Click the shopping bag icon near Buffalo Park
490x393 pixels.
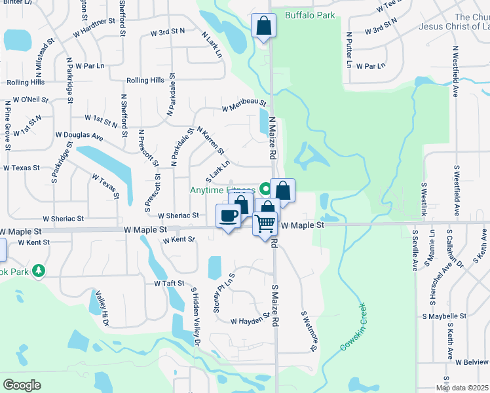pyautogui.click(x=263, y=26)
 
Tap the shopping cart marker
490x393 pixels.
pyautogui.click(x=265, y=223)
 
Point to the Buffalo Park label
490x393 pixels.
pyautogui.click(x=310, y=15)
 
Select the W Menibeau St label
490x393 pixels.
pyautogui.click(x=244, y=105)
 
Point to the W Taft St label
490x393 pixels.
pyautogui.click(x=170, y=284)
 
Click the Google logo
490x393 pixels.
pyautogui.click(x=22, y=385)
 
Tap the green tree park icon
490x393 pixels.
pyautogui.click(x=39, y=270)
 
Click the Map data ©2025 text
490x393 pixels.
pyautogui.click(x=462, y=388)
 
